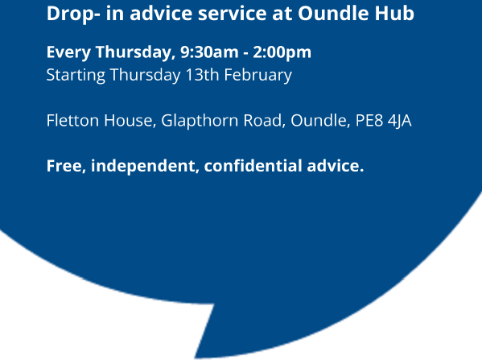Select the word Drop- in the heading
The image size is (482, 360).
pos(73,14)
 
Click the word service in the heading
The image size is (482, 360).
pos(233,14)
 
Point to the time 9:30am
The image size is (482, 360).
pos(209,52)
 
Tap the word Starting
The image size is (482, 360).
pos(76,76)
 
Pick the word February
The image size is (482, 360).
pos(258,76)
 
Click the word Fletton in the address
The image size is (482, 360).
pos(72,120)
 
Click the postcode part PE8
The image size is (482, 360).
pos(369,120)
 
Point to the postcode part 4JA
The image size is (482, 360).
pos(399,121)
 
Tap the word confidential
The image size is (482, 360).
pos(253,166)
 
